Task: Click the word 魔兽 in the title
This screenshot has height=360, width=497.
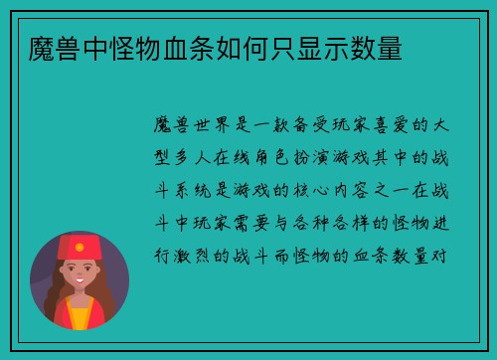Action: click(56, 47)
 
